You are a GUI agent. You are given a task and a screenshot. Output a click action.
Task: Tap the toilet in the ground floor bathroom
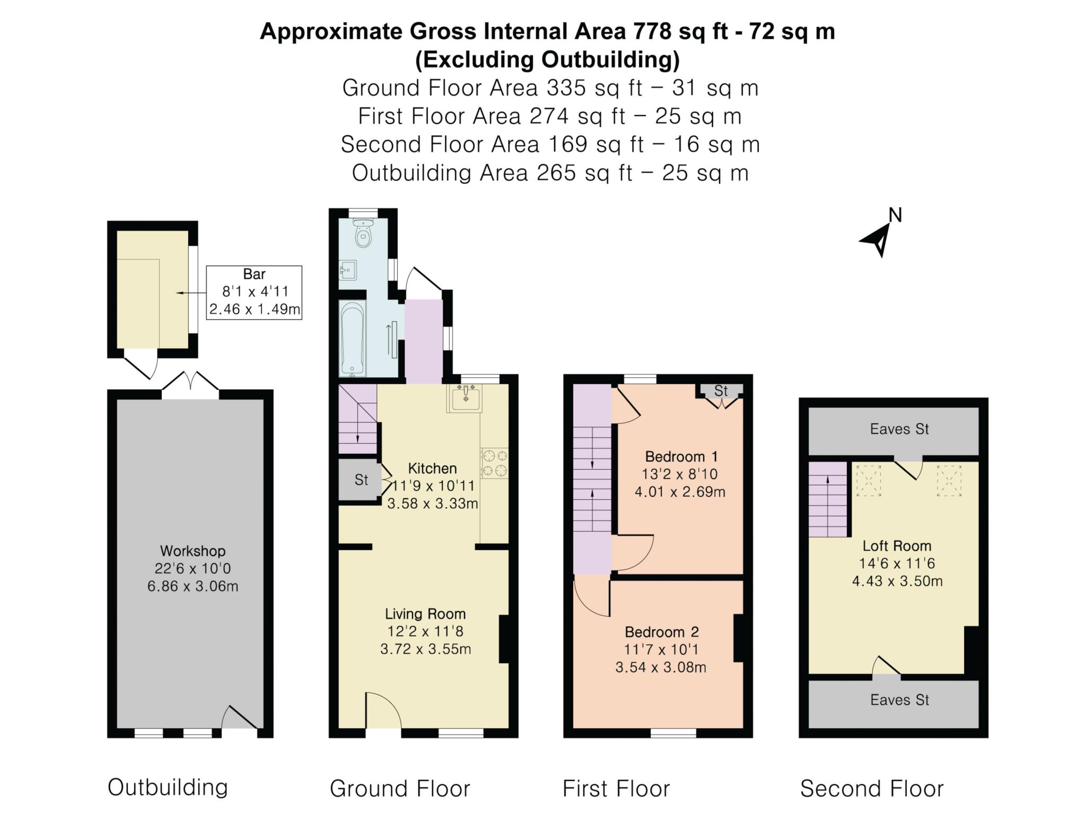pos(363,233)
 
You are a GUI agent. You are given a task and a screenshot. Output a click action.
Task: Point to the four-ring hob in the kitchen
pos(494,463)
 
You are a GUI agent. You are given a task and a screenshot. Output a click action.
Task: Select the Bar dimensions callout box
pos(254,292)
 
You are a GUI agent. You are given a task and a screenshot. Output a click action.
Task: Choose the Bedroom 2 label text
pos(661,632)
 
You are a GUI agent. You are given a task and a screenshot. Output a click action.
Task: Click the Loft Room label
pos(897,545)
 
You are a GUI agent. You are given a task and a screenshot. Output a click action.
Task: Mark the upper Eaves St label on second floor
pos(899,429)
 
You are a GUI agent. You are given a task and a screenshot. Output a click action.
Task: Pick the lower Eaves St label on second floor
pos(899,700)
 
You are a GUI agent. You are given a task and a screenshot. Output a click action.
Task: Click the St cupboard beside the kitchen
pos(361,480)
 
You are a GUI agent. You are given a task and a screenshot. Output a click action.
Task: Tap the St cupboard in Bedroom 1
pos(721,391)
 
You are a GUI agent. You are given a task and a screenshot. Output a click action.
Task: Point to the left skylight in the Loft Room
pos(869,480)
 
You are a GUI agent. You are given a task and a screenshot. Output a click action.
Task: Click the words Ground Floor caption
pos(400,788)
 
